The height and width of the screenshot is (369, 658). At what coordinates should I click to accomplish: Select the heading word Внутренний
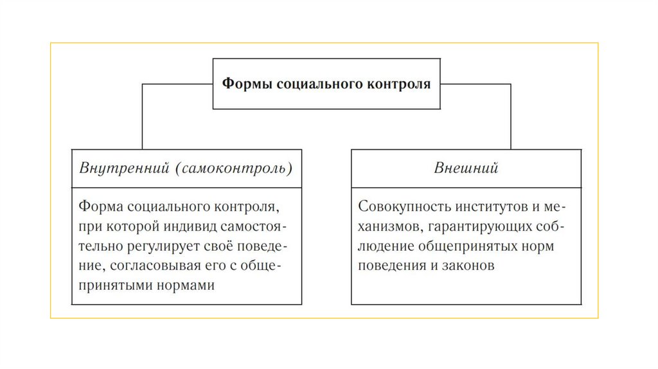pos(123,168)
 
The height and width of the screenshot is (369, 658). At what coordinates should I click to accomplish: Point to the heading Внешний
pos(467,168)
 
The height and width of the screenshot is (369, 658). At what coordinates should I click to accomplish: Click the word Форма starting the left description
pos(100,207)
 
